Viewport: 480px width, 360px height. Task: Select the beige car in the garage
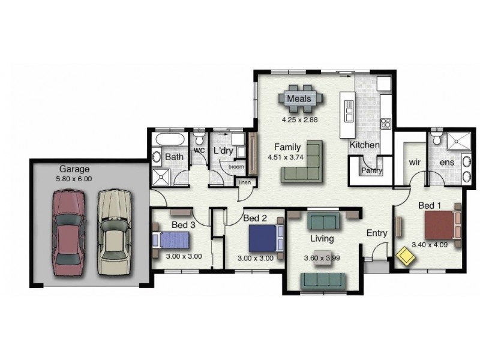113,232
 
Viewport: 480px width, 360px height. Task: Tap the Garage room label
74,169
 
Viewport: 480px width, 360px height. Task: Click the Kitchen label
364,145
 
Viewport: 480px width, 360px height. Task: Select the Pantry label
371,170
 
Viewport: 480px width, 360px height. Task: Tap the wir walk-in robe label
414,162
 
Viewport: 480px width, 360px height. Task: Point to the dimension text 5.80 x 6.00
74,179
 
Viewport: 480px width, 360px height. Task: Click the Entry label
377,233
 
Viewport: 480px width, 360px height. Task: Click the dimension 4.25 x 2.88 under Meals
299,119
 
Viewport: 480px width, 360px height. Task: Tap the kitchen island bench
347,114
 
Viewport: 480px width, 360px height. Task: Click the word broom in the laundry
236,166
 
